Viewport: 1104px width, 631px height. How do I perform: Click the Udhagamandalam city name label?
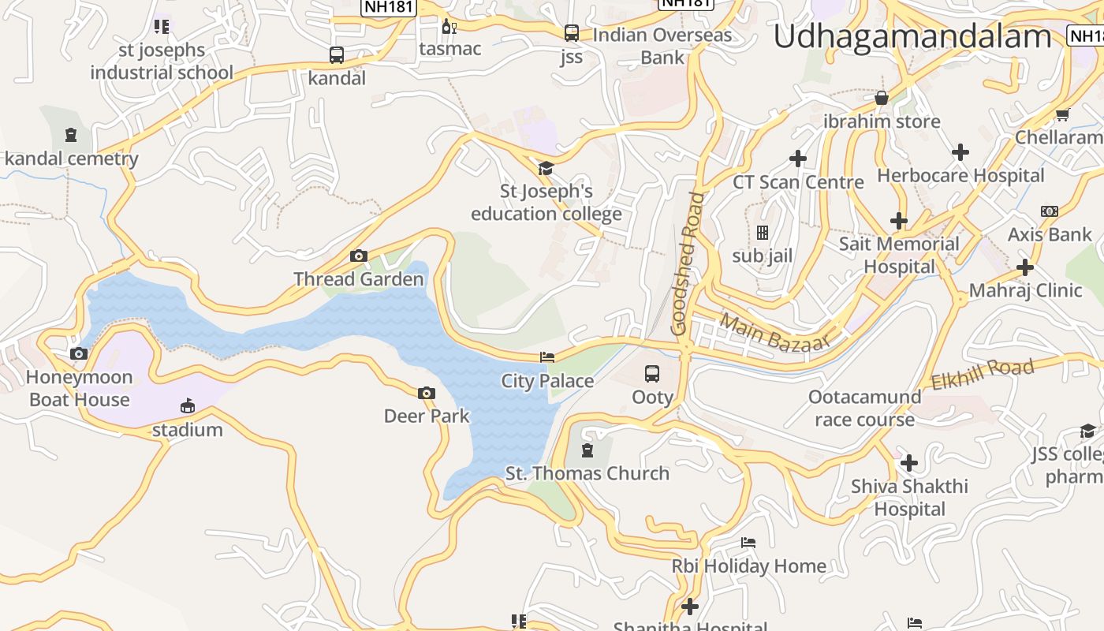tap(912, 37)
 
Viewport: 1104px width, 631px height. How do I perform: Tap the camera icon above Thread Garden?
tap(359, 256)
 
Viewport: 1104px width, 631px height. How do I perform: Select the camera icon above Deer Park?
tap(426, 393)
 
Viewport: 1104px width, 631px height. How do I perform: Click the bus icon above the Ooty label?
tap(652, 374)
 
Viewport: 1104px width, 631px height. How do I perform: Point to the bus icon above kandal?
tap(337, 55)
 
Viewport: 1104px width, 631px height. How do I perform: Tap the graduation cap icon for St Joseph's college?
tap(545, 168)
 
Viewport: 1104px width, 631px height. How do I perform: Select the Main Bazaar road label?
tap(775, 332)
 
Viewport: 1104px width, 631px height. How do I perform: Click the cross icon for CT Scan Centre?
tap(798, 159)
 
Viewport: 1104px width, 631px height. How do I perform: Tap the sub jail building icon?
tap(763, 233)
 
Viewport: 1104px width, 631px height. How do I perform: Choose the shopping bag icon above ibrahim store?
tap(882, 98)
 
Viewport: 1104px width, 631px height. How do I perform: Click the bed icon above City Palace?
tap(547, 357)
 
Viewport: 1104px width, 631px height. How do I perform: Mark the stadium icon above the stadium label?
tap(188, 406)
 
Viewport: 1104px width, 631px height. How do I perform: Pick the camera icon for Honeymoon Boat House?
tap(79, 353)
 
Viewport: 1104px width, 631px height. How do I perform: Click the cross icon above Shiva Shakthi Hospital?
tap(909, 463)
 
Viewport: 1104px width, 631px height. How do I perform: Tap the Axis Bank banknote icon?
tap(1050, 211)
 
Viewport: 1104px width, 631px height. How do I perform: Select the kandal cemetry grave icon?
tap(72, 135)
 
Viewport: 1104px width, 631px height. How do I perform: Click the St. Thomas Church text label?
tap(587, 473)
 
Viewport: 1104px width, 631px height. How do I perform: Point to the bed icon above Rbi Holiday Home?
tap(748, 543)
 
